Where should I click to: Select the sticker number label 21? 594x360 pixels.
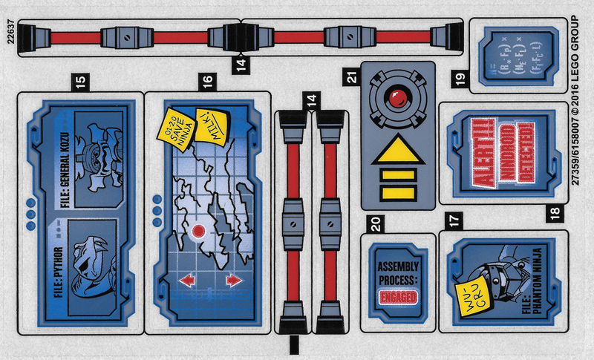pyautogui.click(x=353, y=74)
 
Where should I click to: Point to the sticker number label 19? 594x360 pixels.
pyautogui.click(x=460, y=78)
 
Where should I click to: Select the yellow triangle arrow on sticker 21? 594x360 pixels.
pyautogui.click(x=398, y=149)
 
